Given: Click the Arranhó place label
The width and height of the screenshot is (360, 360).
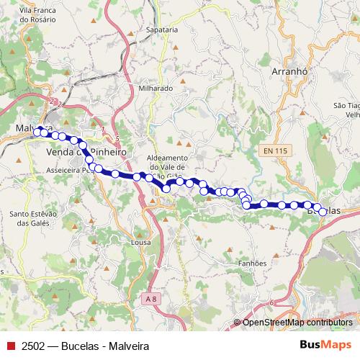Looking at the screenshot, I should (290, 71).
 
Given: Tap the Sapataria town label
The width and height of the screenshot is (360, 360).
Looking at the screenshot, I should (161, 30).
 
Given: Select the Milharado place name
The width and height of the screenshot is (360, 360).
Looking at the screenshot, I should (156, 88).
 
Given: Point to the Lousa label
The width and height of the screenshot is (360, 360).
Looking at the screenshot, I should (141, 243).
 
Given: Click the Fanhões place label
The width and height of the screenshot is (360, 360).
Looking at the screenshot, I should (252, 264).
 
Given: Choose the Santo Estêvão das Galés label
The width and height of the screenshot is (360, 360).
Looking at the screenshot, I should (33, 218).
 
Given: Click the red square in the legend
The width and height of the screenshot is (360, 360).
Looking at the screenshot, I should (9, 346).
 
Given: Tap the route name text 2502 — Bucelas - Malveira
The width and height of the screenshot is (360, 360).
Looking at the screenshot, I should (85, 346).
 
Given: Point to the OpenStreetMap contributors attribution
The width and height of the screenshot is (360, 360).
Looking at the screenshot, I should (298, 323).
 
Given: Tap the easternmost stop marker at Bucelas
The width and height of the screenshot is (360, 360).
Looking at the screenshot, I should (323, 212).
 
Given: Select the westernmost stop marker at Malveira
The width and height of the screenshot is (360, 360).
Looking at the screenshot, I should (37, 131).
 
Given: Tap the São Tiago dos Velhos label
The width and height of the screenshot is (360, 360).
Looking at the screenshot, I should (346, 109).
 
